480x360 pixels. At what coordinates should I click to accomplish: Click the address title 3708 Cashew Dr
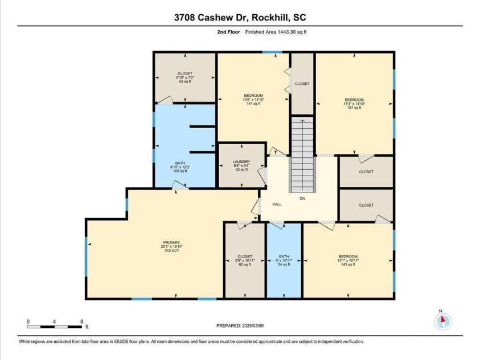pos(240,18)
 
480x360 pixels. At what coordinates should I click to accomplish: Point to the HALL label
pos(277,204)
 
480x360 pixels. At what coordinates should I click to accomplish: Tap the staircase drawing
pos(302,154)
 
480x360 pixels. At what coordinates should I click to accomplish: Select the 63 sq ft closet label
pos(185,77)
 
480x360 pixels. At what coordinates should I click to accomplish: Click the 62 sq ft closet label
pos(245,260)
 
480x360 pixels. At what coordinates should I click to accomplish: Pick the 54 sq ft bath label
pos(284,260)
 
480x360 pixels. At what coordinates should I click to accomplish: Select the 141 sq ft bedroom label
pos(253,99)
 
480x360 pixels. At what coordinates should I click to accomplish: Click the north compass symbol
pos(442,321)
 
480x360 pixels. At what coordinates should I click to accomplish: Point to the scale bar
pos(55,327)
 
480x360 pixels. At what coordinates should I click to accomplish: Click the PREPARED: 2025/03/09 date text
pos(240,326)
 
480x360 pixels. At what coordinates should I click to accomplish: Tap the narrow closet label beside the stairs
pos(302,84)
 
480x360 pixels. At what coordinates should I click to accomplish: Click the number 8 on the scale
pos(82,321)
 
